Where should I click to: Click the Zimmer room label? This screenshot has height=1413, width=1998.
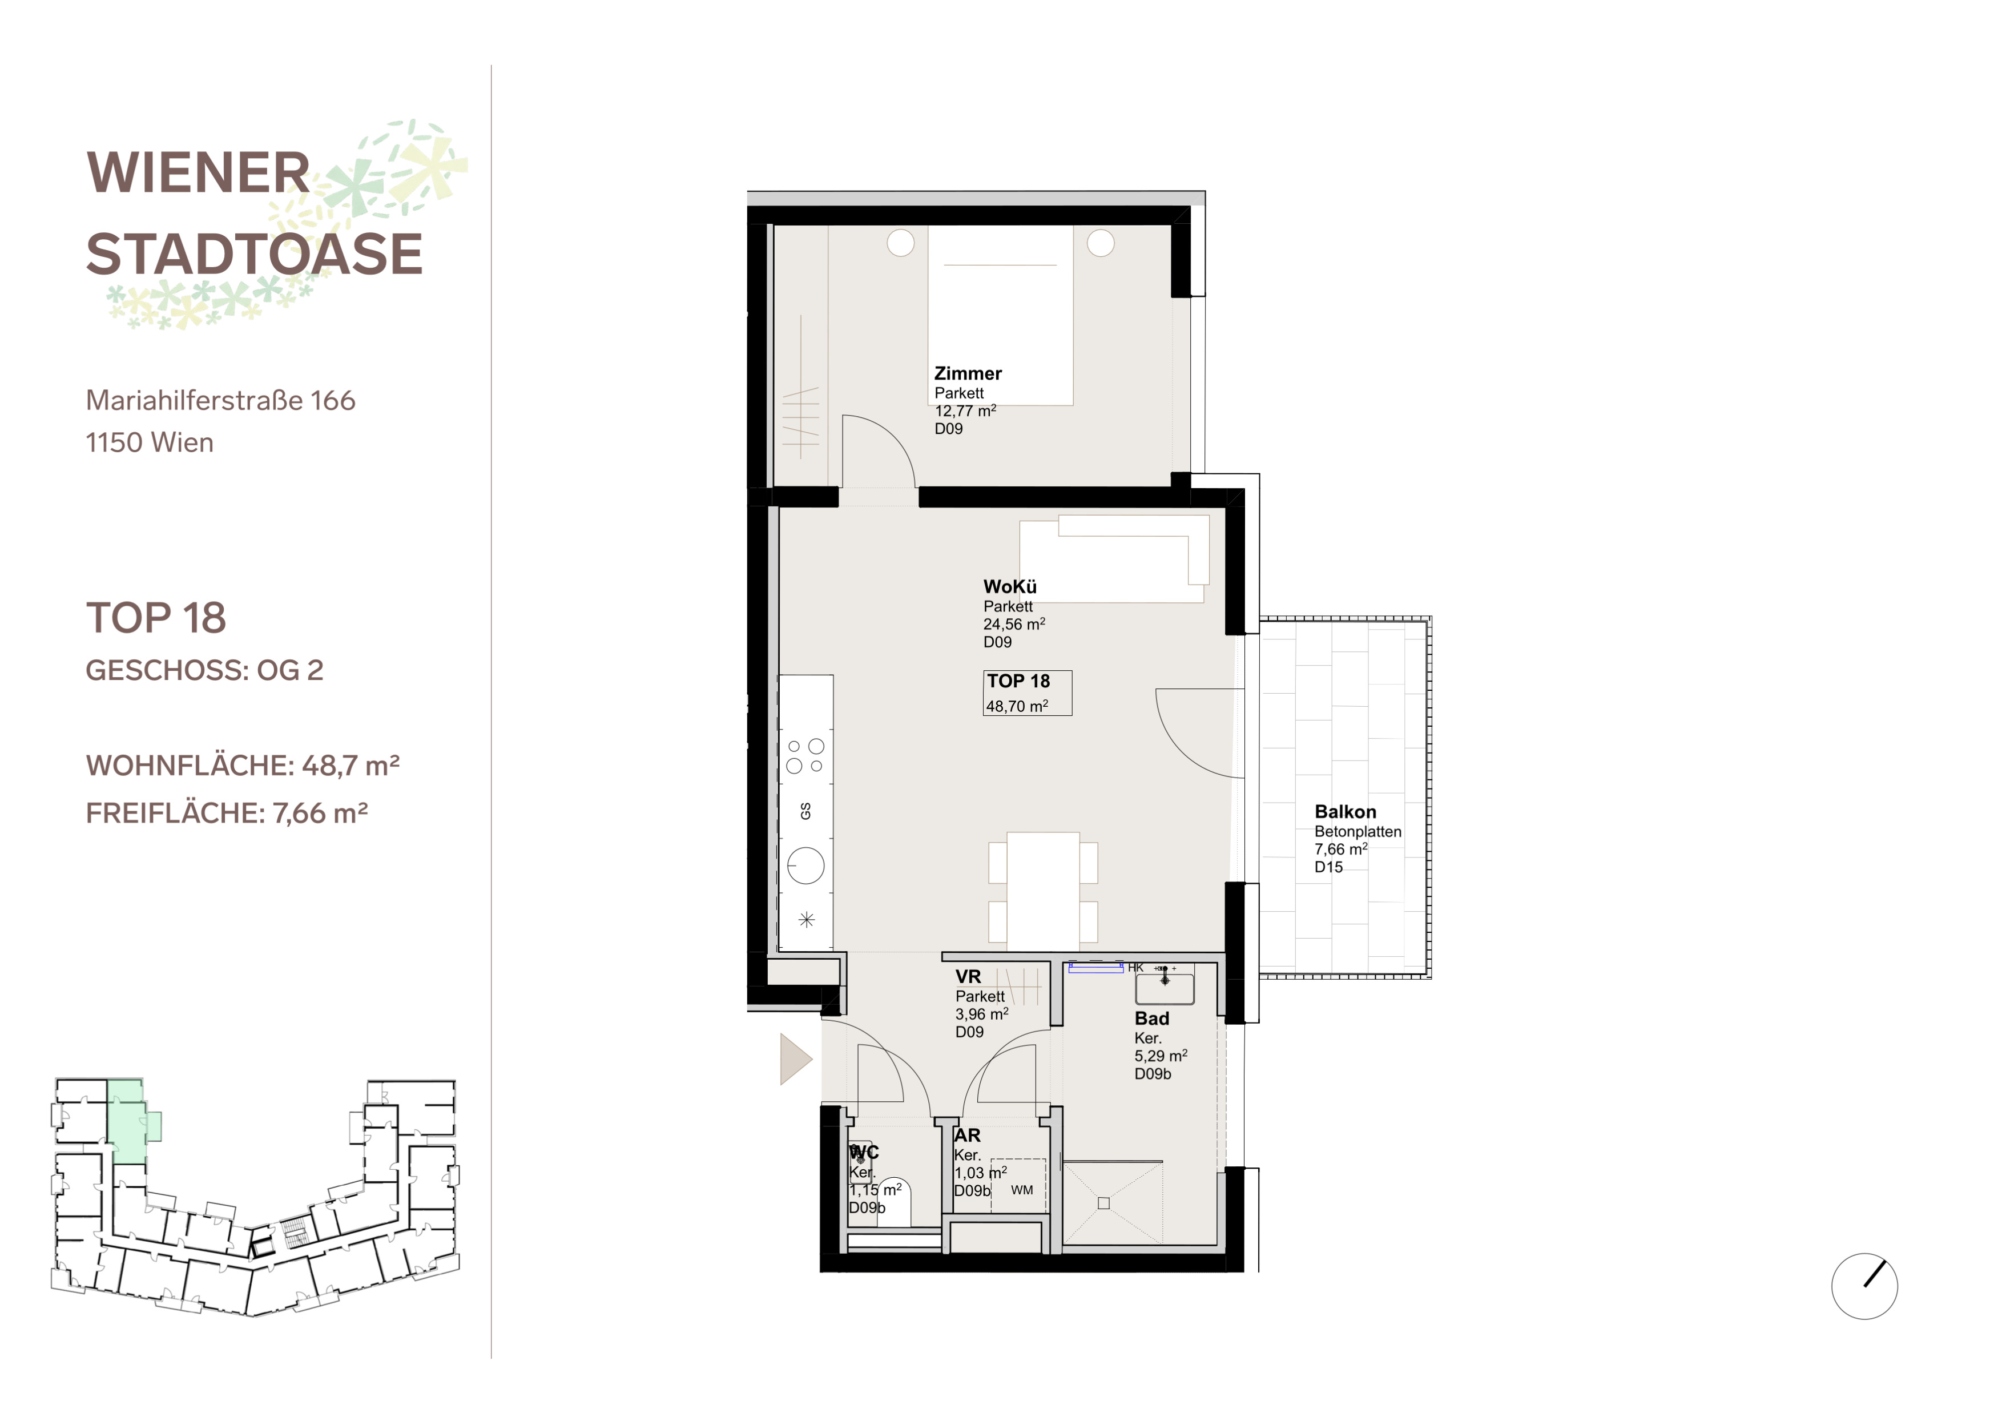click(968, 373)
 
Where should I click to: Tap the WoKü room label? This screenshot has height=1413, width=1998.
click(1009, 586)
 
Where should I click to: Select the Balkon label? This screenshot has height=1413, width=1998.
click(1346, 812)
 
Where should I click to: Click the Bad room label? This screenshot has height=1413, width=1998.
click(1151, 1018)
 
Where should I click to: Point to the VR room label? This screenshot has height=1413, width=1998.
click(968, 976)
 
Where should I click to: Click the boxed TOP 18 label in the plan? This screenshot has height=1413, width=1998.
click(1027, 693)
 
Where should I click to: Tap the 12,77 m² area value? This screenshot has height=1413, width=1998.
click(965, 410)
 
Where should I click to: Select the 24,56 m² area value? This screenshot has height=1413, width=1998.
click(1014, 624)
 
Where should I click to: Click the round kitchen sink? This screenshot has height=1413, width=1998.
click(806, 865)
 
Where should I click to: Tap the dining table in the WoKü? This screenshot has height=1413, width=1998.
click(1042, 890)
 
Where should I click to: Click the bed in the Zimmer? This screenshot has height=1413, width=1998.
click(1000, 315)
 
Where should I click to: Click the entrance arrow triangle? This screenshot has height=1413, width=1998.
click(795, 1059)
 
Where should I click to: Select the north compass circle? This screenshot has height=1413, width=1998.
click(1864, 1286)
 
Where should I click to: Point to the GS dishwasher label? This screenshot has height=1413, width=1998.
click(806, 811)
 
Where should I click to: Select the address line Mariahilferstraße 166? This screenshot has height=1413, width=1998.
click(221, 400)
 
